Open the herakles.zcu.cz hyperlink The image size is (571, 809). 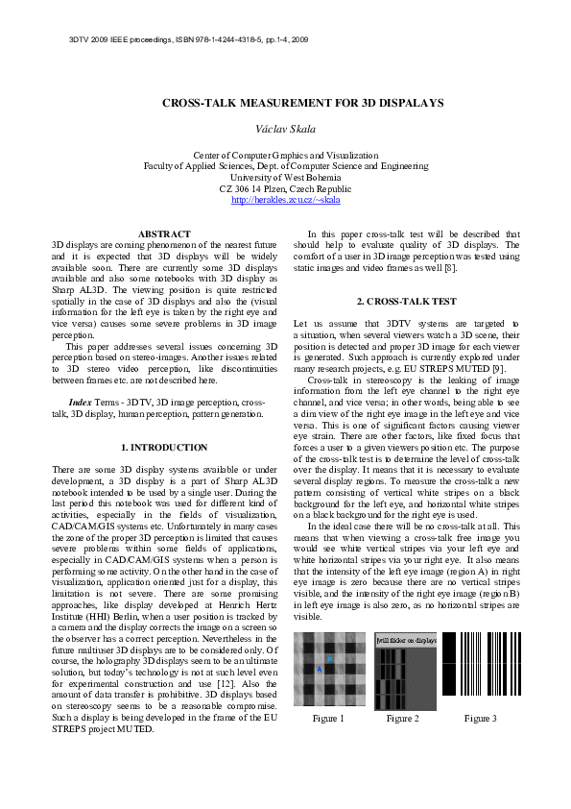point(285,200)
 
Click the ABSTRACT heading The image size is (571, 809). point(164,234)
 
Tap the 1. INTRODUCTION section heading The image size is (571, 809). point(164,448)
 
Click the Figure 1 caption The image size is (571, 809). point(328,719)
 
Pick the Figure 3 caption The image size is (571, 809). point(480,719)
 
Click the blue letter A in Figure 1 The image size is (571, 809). point(320,669)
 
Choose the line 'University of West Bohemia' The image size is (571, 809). point(285,178)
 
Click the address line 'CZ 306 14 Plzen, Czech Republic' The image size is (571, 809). point(285,189)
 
